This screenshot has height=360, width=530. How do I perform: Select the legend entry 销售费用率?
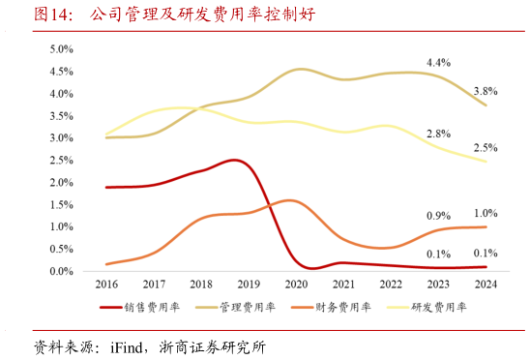point(146,307)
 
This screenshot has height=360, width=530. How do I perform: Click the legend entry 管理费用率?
point(247,307)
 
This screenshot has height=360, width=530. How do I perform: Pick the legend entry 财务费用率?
point(342,307)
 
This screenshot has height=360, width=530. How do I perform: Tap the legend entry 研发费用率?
point(439,307)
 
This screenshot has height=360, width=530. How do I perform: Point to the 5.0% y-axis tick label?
point(61,49)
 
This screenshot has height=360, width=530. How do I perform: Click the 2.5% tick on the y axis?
point(61,161)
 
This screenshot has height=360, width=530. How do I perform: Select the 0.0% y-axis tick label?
point(61,272)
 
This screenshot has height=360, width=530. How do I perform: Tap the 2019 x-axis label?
point(249,285)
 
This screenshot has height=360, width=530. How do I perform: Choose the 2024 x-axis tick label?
point(486,285)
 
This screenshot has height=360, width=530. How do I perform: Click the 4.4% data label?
point(438,63)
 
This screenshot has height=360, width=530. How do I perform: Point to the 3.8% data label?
point(486,91)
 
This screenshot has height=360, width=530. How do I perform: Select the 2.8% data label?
point(438,134)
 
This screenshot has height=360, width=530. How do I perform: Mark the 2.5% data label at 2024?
point(486,148)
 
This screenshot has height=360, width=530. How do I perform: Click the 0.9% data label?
point(438,215)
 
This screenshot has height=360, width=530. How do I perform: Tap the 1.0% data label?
point(486,213)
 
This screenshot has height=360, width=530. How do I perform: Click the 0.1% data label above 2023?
point(438,254)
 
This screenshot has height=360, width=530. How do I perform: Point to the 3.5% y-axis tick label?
point(61,116)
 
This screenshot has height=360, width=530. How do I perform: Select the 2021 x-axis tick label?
point(343,285)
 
